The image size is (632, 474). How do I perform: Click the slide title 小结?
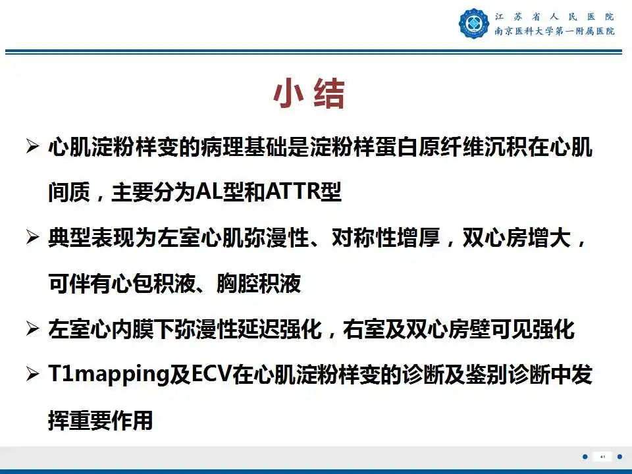tap(309, 95)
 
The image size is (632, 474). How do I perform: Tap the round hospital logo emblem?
tap(474, 24)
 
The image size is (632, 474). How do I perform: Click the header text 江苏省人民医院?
tap(554, 16)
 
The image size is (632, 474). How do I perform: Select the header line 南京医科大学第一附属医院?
tap(554, 32)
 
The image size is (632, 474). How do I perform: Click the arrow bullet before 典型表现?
tap(32, 239)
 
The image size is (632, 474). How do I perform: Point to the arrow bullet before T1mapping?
tap(32, 375)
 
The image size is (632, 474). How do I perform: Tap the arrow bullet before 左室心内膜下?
tap(32, 330)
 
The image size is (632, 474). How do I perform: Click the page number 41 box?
tap(602, 457)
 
